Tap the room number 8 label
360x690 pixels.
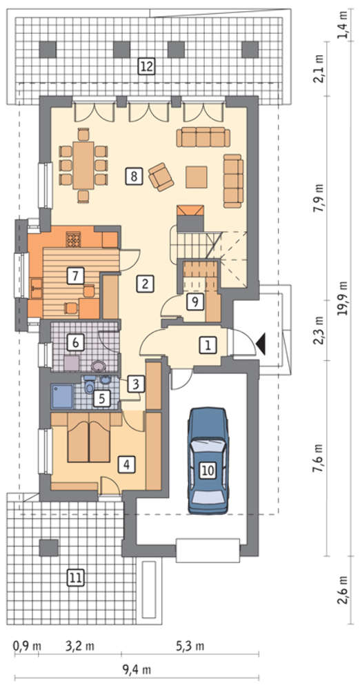(134, 176)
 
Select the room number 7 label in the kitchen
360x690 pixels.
(75, 276)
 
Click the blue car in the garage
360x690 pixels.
(208, 460)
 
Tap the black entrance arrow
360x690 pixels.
(261, 343)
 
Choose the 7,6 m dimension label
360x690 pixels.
(318, 458)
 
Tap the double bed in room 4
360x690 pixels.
(89, 437)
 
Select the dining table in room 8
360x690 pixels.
(83, 165)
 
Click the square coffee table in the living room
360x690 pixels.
(197, 177)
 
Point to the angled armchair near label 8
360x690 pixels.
(161, 177)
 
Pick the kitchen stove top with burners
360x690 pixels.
(73, 239)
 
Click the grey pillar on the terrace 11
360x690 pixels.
(48, 547)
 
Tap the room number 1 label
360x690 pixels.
(208, 345)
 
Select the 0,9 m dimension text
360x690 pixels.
(27, 646)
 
